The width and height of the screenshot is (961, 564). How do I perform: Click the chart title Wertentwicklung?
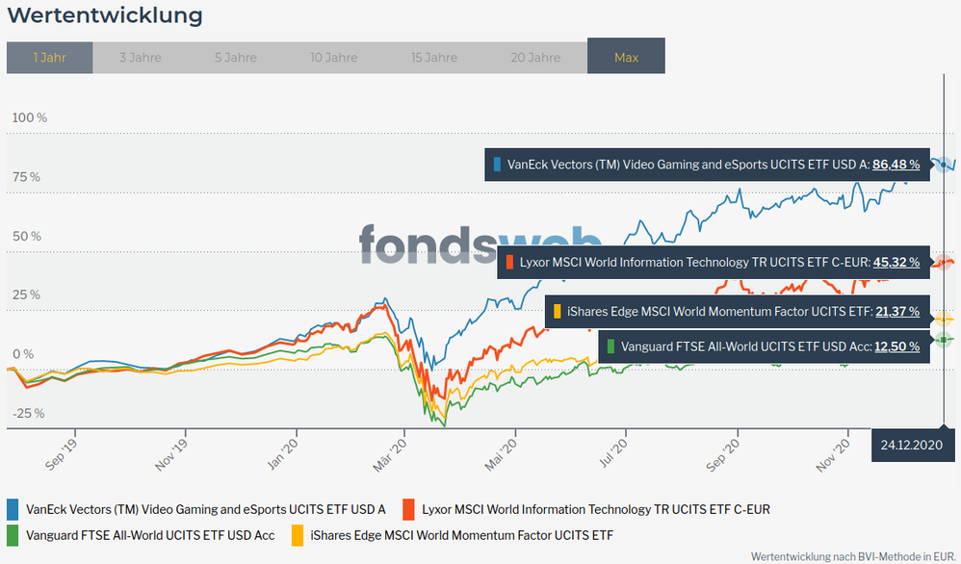click(105, 15)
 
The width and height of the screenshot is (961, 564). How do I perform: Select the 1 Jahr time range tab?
click(49, 57)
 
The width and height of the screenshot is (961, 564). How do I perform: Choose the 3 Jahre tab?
click(140, 57)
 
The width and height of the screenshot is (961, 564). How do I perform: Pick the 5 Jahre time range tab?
click(235, 57)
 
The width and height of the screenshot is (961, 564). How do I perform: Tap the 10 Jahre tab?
click(335, 57)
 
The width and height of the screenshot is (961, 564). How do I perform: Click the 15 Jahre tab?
click(434, 57)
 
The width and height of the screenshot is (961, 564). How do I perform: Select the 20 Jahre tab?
click(535, 57)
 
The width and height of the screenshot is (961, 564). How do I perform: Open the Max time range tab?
click(626, 57)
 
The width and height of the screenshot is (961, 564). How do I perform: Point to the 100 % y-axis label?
click(29, 117)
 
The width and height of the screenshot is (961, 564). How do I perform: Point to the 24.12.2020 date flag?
click(910, 445)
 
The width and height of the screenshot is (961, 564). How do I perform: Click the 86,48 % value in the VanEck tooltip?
click(896, 165)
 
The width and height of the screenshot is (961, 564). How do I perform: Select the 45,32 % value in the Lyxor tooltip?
click(896, 262)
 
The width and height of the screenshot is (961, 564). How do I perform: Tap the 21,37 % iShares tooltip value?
click(896, 312)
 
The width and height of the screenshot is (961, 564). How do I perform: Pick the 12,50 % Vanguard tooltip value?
click(896, 346)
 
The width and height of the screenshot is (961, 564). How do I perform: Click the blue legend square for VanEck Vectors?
click(13, 508)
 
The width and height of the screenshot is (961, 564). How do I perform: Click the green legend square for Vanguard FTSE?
click(13, 534)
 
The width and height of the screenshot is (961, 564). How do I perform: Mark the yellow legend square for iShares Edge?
click(298, 534)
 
